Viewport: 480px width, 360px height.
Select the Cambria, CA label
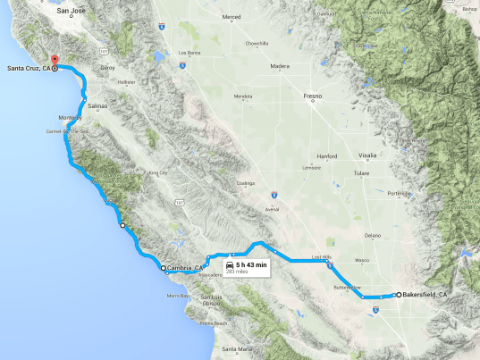(x=184, y=267)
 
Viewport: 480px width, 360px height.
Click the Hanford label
(x=326, y=155)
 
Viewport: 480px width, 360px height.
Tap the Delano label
(x=373, y=235)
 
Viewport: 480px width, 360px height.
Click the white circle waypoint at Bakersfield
(x=399, y=294)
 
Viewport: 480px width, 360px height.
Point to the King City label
(x=158, y=173)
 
